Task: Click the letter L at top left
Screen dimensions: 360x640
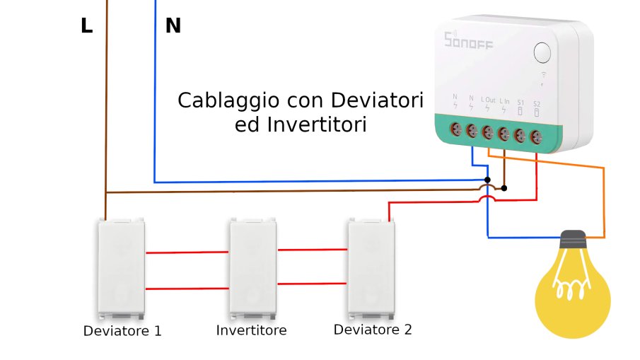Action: point(86,26)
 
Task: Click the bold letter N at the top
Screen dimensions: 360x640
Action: point(173,26)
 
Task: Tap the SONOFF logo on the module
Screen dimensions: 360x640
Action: point(468,40)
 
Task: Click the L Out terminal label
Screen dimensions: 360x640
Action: point(488,100)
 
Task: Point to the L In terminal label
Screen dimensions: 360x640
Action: point(504,100)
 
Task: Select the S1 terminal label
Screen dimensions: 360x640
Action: point(520,102)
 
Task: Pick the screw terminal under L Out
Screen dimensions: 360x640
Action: point(488,132)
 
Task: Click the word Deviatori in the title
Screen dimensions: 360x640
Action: point(380,100)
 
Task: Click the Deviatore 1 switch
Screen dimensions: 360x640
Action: point(121,268)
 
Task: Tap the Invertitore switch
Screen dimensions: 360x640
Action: point(253,267)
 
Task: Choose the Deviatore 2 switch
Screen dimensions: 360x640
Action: point(371,267)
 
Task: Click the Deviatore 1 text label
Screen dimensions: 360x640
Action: point(122,331)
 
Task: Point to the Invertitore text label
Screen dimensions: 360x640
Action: point(252,330)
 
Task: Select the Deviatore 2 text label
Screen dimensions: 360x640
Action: point(373,330)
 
